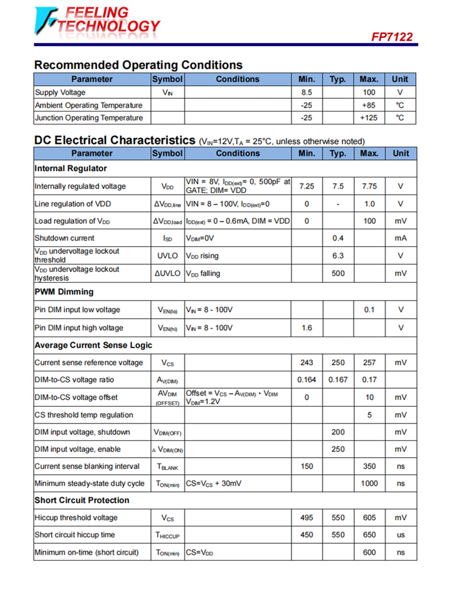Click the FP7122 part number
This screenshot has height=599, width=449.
392,37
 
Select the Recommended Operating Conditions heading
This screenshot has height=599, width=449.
138,65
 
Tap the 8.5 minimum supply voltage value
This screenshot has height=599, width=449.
307,93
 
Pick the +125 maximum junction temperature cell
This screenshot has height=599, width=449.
369,118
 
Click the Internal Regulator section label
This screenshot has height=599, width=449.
71,168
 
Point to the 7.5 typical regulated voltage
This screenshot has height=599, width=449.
338,186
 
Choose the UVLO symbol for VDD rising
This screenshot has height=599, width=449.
167,256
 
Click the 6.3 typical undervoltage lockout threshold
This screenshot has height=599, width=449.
338,256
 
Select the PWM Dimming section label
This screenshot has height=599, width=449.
64,292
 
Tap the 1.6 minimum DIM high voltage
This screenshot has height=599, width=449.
307,328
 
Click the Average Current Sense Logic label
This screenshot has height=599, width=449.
93,345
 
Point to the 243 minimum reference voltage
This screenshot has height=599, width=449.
307,362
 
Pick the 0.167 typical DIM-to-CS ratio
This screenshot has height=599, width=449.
338,380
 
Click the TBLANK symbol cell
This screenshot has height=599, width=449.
167,467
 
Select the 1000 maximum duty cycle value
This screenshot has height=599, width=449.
369,483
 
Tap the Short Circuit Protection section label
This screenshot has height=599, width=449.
82,500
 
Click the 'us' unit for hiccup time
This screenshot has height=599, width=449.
401,535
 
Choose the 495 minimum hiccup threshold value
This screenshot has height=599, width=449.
307,518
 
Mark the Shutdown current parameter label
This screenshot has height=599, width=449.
65,238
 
